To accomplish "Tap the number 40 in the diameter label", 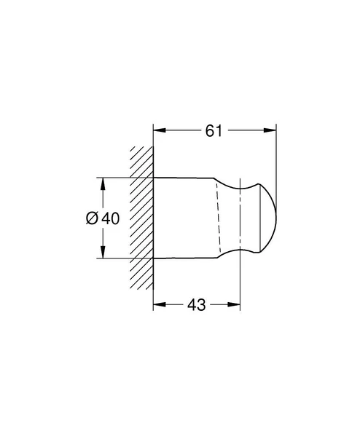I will coord(111,218).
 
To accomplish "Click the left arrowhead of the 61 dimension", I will coord(158,131).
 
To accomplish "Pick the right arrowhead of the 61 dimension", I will coord(272,131).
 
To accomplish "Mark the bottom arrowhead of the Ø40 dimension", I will coord(101,253).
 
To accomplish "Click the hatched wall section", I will coord(141,218).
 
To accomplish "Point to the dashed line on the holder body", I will coord(217,218).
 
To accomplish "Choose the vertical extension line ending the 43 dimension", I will coord(240,284).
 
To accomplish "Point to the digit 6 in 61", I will coord(209,130).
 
